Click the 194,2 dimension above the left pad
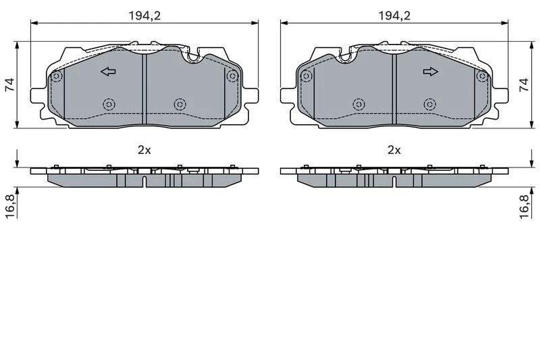pyautogui.click(x=144, y=16)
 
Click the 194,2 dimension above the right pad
pyautogui.click(x=394, y=16)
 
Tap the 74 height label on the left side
pyautogui.click(x=10, y=84)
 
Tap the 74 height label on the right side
pyautogui.click(x=524, y=84)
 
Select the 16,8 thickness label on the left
pyautogui.click(x=10, y=207)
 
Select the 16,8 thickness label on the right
pyautogui.click(x=524, y=207)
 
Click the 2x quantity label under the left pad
pyautogui.click(x=144, y=150)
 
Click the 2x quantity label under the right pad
pyautogui.click(x=394, y=150)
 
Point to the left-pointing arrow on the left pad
pyautogui.click(x=108, y=72)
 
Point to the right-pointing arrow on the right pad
pyautogui.click(x=431, y=72)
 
